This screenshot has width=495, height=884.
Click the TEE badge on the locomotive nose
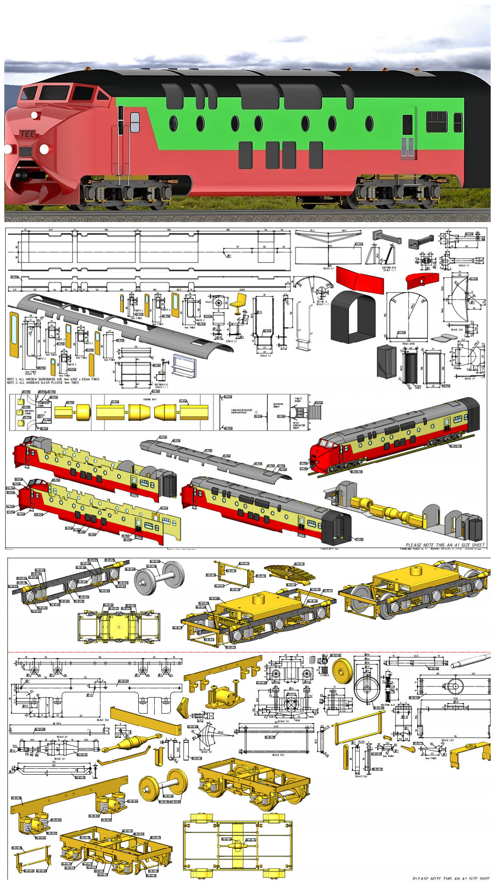[27, 134]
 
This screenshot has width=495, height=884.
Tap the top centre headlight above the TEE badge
[34, 115]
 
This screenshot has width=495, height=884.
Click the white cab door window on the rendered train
[135, 122]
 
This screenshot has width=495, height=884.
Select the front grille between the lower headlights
[25, 151]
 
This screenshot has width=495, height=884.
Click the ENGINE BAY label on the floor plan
[150, 399]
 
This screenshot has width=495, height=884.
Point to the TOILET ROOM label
[298, 400]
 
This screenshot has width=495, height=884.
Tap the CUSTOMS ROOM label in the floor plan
[278, 405]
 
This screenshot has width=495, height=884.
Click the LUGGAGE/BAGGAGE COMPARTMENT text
[242, 411]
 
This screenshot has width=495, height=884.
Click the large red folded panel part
[360, 280]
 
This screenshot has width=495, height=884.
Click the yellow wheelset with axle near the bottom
[163, 785]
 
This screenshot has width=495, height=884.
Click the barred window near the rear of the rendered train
[436, 122]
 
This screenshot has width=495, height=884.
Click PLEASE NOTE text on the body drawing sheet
[445, 545]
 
